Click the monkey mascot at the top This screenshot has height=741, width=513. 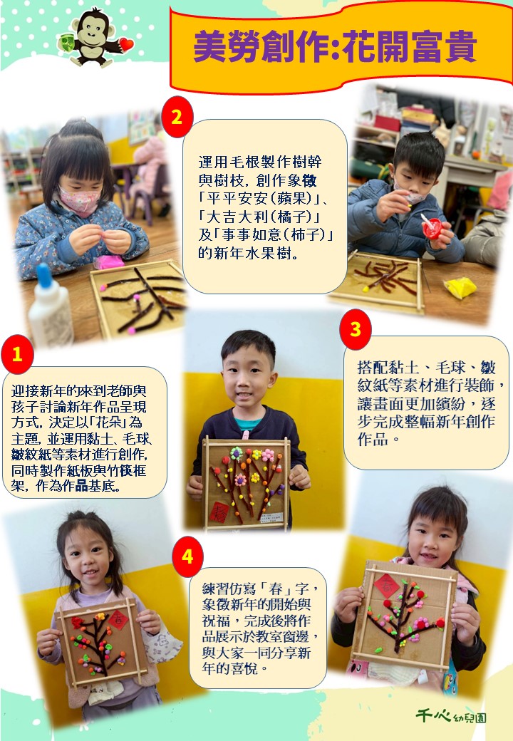(x=95, y=38)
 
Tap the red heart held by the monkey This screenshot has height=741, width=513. (x=126, y=44)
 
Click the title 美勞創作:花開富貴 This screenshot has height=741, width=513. (x=334, y=46)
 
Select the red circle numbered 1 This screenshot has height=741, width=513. (x=18, y=354)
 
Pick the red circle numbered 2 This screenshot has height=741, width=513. (x=177, y=117)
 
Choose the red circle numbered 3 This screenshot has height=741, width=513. (x=356, y=329)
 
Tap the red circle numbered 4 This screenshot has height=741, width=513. (x=187, y=556)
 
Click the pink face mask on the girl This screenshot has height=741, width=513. (x=79, y=200)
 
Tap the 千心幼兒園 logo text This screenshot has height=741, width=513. (x=451, y=716)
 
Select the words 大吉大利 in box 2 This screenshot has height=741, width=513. (x=238, y=217)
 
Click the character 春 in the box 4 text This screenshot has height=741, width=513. (x=276, y=589)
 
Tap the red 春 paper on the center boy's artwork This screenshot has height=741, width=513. (x=219, y=512)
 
